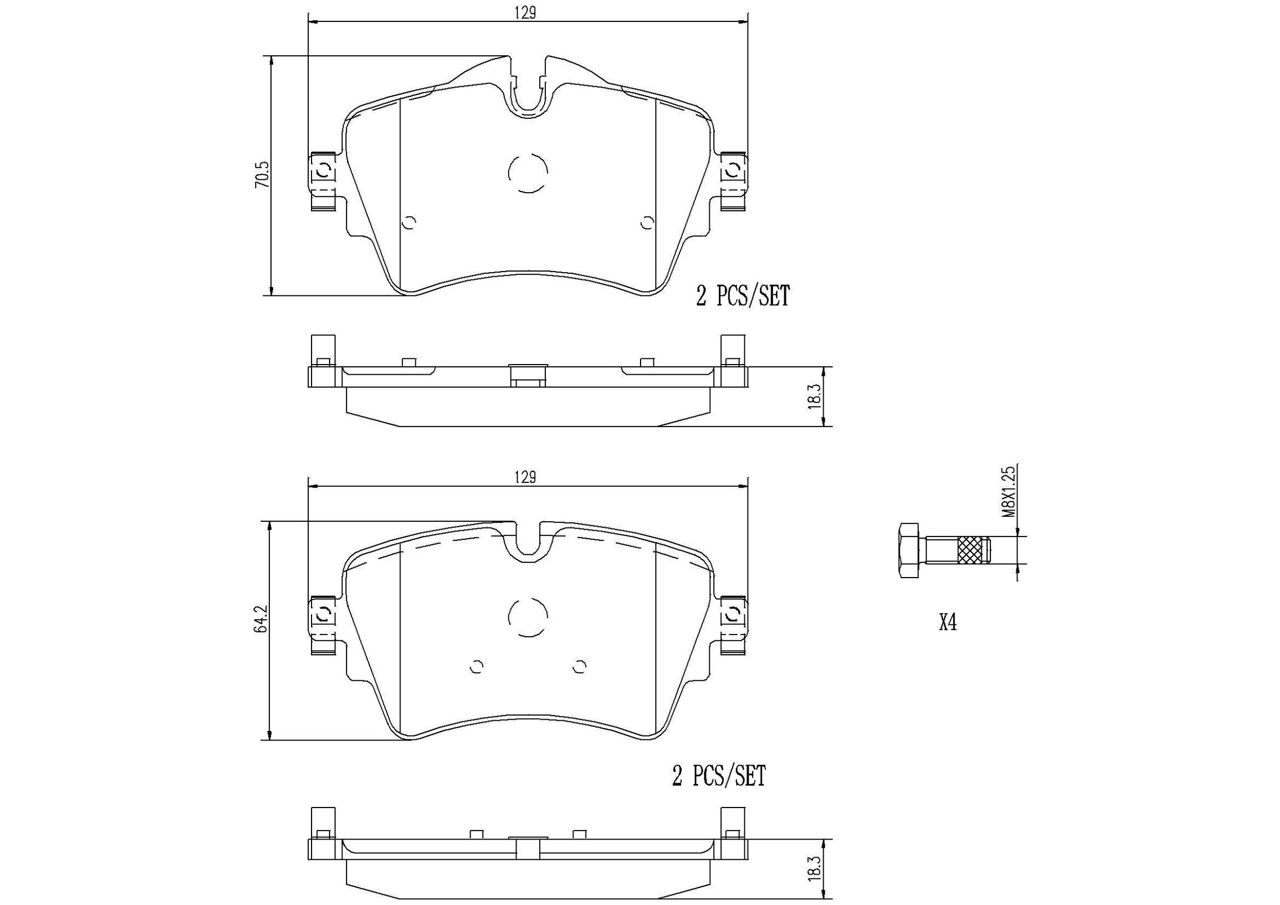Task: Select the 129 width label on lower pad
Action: coord(524,478)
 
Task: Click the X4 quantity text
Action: coord(948,623)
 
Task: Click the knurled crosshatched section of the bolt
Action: coord(974,551)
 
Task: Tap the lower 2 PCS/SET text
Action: coord(719,777)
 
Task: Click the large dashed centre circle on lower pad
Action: coord(528,616)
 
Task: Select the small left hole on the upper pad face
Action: coord(410,223)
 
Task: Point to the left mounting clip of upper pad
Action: coord(323,172)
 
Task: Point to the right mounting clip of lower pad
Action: coord(734,614)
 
